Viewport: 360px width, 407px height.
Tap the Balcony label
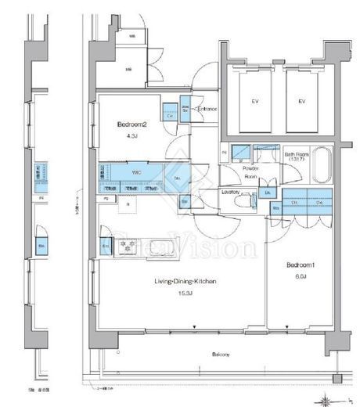(221, 355)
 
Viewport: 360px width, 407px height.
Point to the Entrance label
(205, 110)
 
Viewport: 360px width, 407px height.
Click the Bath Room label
(297, 155)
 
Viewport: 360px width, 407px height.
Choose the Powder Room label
(251, 171)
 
